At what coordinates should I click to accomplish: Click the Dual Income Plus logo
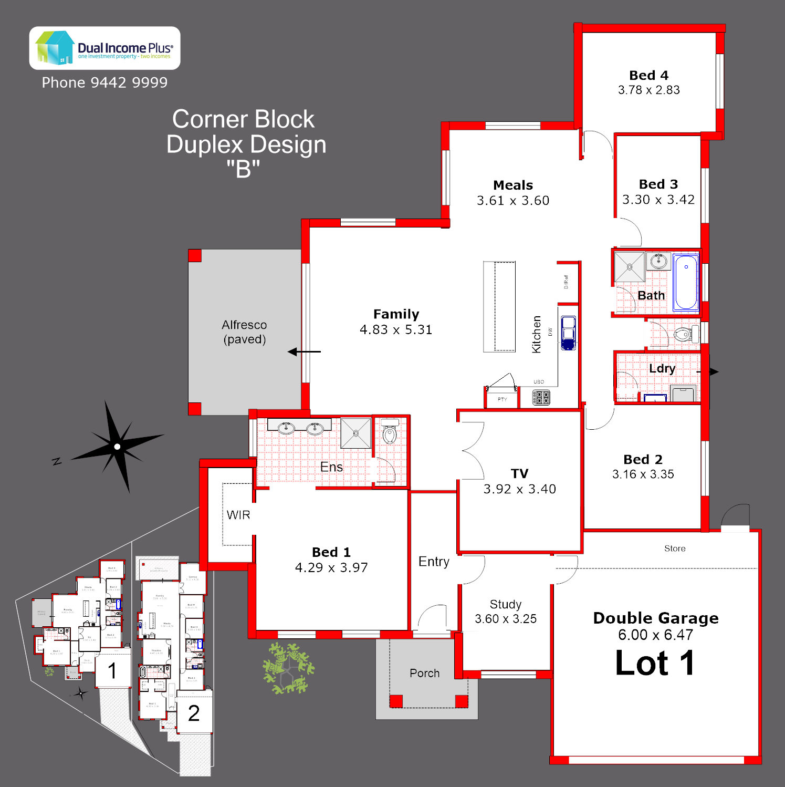[104, 48]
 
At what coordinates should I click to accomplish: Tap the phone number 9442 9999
[129, 82]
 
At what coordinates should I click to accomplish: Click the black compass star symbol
[117, 447]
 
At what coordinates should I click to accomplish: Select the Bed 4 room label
[648, 75]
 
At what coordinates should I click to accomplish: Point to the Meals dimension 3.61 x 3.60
[513, 201]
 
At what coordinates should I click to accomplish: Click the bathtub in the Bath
[686, 282]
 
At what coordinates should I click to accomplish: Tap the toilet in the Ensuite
[390, 432]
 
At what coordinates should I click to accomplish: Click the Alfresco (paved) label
[244, 332]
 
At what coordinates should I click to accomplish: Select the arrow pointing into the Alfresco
[304, 351]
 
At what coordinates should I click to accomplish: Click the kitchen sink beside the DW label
[568, 333]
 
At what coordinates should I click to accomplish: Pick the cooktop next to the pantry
[541, 397]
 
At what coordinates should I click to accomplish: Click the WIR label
[238, 515]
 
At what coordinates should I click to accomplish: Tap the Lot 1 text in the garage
[655, 663]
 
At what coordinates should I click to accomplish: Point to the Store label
[675, 548]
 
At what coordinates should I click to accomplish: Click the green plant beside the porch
[288, 668]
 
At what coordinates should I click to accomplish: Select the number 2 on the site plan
[194, 713]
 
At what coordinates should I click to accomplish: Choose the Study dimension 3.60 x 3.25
[506, 619]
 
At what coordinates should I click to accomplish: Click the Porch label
[424, 673]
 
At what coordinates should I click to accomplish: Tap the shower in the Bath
[630, 267]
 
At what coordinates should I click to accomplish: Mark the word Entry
[434, 562]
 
